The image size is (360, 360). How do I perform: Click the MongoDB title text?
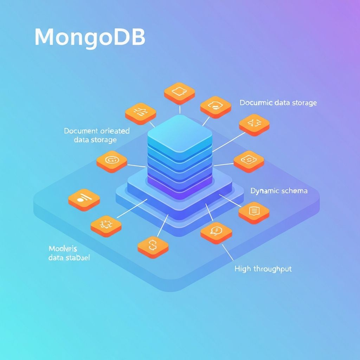[90, 37]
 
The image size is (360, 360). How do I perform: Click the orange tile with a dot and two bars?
[84, 199]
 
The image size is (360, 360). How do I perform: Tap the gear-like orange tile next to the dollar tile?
[106, 224]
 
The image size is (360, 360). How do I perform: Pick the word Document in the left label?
[81, 131]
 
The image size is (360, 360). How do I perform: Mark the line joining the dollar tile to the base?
[162, 225]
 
